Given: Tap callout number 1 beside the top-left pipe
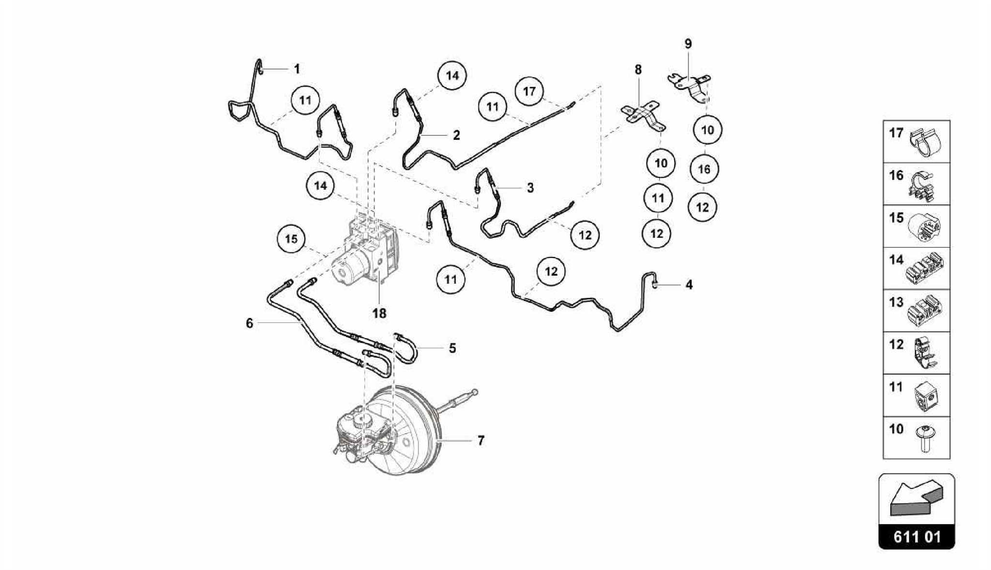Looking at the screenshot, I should coord(297,69).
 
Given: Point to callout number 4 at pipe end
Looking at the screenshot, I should coord(689,285).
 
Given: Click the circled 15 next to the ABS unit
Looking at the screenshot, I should coord(291,239).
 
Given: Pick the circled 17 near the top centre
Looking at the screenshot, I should coord(529,91).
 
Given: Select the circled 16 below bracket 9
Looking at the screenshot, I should coord(704,169).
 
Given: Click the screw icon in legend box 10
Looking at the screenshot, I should coord(924,438).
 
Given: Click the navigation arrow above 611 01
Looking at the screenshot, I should coord(916,498).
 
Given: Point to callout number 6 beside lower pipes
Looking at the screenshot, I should coord(250,323).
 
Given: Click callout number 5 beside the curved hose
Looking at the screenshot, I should coord(452,348).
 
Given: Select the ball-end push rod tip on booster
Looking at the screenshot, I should coord(475,391).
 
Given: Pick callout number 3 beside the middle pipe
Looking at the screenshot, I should coord(530,188).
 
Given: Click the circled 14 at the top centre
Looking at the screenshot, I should coord(452,76).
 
